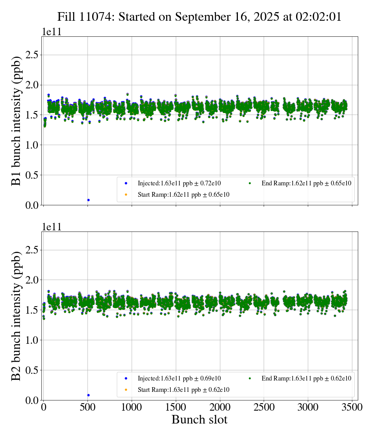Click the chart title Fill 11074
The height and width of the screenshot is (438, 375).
[199, 16]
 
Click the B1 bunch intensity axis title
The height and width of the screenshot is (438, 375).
[16, 121]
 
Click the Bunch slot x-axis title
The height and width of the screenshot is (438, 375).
[199, 420]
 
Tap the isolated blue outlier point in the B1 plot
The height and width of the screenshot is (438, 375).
[88, 200]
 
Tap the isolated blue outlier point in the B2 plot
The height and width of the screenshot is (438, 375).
[88, 395]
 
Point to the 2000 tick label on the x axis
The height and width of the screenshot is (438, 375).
[220, 407]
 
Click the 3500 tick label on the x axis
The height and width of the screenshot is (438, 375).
[352, 407]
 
